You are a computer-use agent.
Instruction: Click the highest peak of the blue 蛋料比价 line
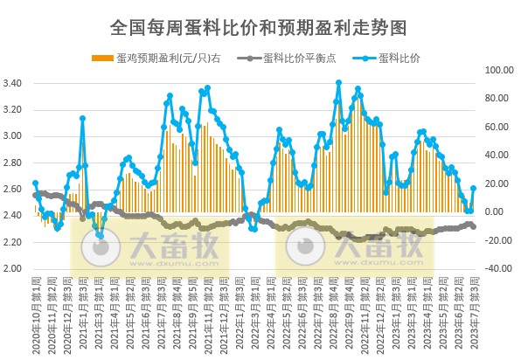coord(338,83)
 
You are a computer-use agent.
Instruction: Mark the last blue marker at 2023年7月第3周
coord(474,188)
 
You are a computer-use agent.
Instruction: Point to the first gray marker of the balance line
coord(35,195)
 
